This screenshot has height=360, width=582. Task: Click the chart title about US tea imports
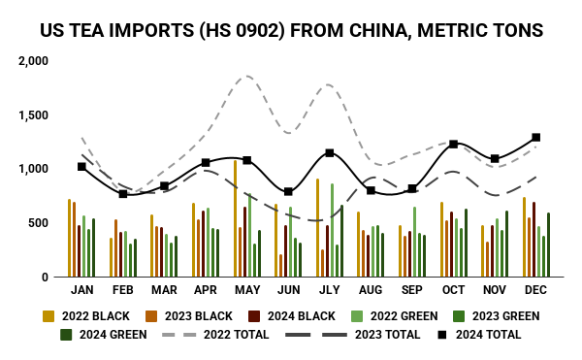tap(291, 30)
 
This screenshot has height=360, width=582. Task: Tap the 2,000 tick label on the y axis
tap(34, 61)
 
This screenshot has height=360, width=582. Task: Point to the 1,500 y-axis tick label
tap(34, 115)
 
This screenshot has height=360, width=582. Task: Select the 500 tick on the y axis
tap(38, 223)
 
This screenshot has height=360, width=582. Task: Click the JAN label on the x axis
tap(82, 290)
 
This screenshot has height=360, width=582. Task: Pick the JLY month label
tap(330, 290)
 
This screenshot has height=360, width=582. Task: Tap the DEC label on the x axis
tap(536, 290)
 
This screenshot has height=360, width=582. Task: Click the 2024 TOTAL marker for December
tap(535, 138)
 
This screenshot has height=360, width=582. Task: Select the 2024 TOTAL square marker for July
tap(330, 152)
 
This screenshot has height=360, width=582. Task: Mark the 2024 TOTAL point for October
tap(453, 144)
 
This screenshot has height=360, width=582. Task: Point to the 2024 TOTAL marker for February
tap(123, 194)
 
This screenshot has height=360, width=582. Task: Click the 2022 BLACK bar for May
tap(235, 218)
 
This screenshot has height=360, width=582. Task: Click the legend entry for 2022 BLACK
tap(88, 315)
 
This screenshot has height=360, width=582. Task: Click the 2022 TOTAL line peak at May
tap(246, 76)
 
